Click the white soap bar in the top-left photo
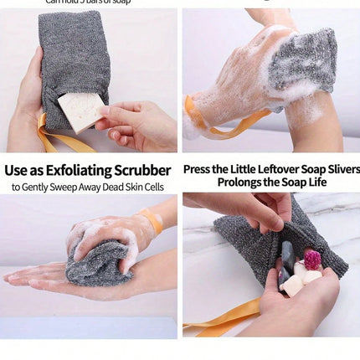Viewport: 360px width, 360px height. [x=81, y=111]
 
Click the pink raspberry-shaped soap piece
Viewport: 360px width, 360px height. [x=312, y=260]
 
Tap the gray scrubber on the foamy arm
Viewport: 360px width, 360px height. [x=305, y=59]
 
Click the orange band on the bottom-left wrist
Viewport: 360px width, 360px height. [x=152, y=221]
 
